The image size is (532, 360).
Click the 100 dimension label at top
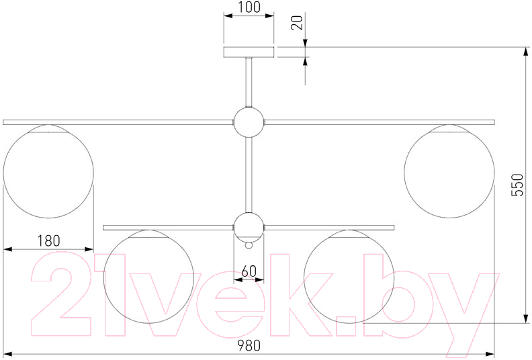tap(249, 7)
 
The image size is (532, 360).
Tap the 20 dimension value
tap(297, 23)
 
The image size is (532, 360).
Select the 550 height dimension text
tap(517, 185)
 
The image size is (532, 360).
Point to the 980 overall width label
tap(249, 345)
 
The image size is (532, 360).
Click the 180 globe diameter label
tap(48, 240)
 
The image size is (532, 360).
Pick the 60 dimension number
tap(249, 271)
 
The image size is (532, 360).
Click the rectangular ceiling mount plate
tap(249, 52)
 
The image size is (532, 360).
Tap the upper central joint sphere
tap(249, 122)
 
